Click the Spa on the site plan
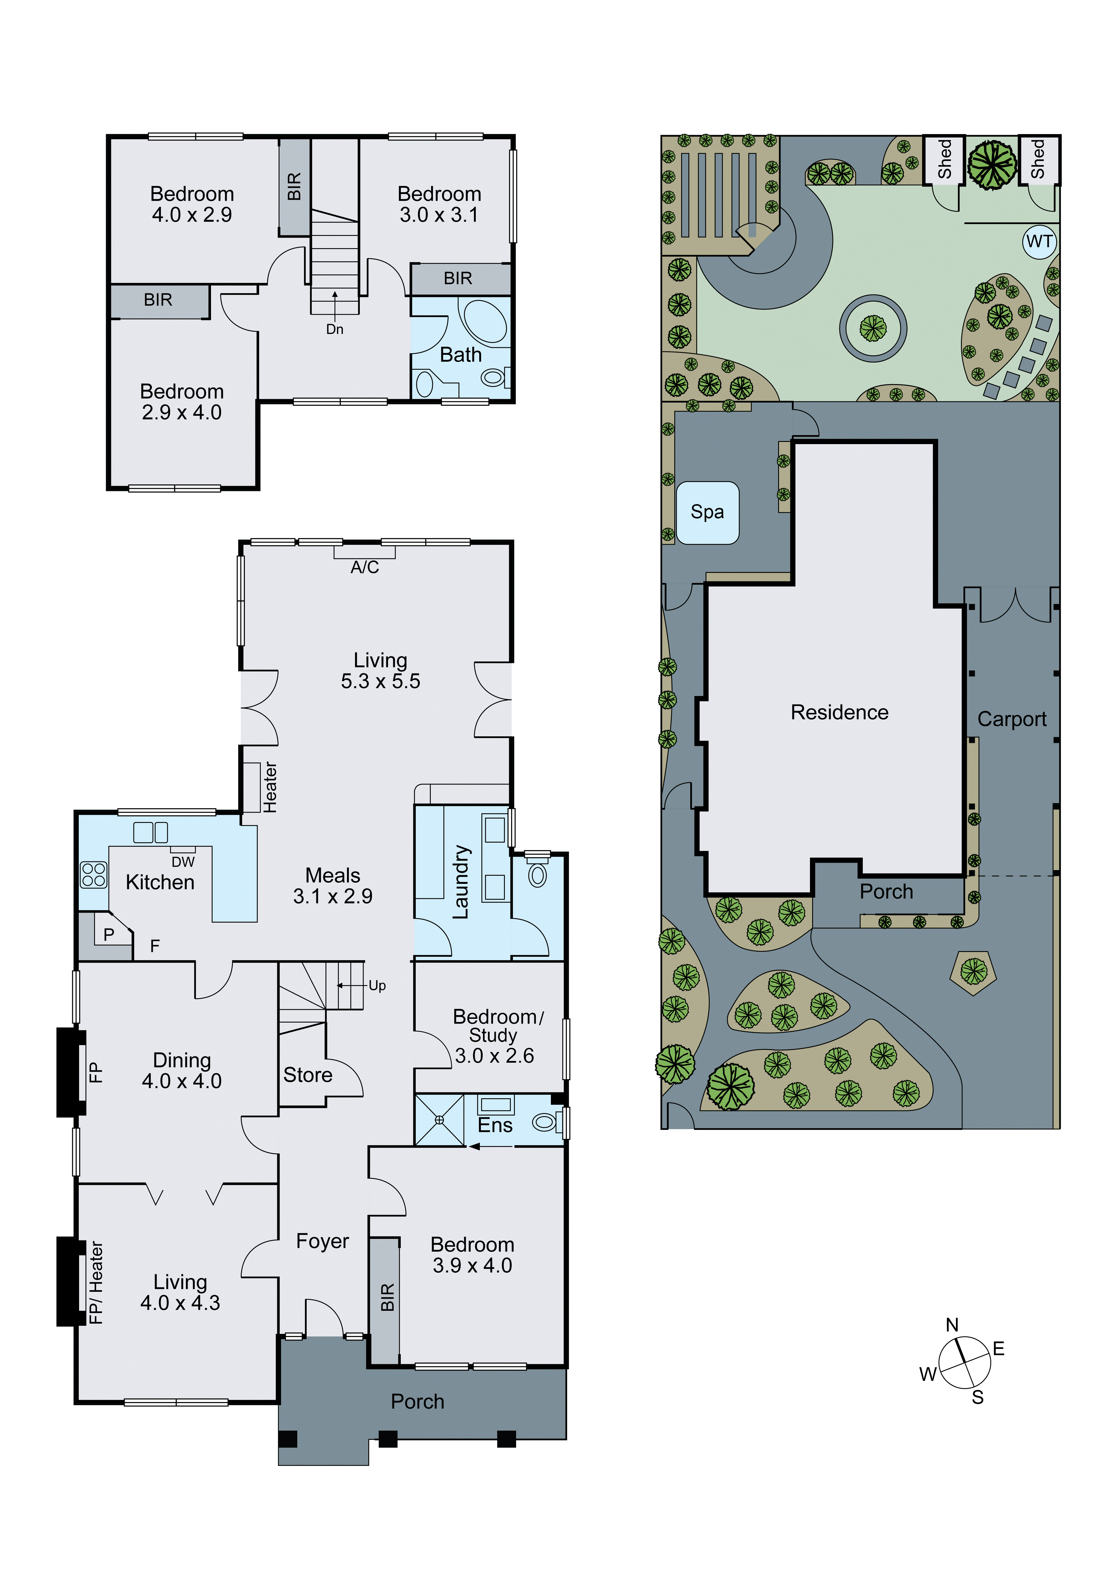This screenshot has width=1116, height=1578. coord(707,512)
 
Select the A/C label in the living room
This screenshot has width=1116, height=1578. coord(364,567)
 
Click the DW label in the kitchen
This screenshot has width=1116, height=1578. coord(183,862)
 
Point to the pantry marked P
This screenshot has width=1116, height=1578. coord(109,934)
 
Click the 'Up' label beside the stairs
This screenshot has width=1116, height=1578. coord(377,985)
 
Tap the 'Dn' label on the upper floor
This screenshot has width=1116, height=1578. coord(335,329)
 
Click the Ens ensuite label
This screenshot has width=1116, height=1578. coord(495,1125)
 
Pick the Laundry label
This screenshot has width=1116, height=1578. coord(461,882)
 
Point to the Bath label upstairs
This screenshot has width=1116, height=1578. coord(461,355)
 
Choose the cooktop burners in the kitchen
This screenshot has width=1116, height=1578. coord(93,875)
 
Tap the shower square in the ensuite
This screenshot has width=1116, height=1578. coord(440,1120)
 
